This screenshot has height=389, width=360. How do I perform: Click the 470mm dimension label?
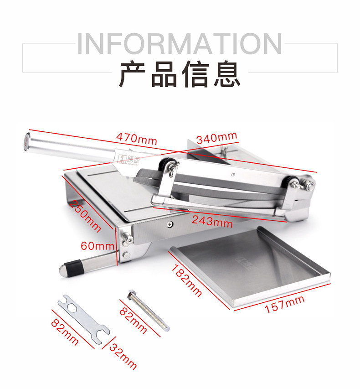point(137,139)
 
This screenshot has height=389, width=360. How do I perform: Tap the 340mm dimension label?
point(217,138)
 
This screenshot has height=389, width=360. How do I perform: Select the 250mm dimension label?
point(85,216)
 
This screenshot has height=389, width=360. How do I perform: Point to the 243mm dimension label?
point(212,222)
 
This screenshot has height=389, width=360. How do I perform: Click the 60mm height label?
point(98,246)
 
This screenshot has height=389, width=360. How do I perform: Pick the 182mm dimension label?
point(186,280)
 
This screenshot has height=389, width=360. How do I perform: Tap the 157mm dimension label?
point(285,304)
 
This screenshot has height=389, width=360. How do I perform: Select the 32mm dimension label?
point(123,357)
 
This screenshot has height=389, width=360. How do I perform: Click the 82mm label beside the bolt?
point(133,320)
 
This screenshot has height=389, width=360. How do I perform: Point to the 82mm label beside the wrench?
point(65,332)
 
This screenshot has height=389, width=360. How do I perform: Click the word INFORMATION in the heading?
point(180,44)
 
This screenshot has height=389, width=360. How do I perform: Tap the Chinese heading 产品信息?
point(180,74)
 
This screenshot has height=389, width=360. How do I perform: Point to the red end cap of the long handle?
point(26,142)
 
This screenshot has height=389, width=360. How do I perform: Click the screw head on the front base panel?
point(170,224)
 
